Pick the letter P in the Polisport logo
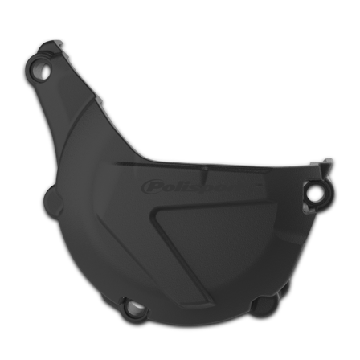(150, 187)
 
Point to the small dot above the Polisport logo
(204, 168)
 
